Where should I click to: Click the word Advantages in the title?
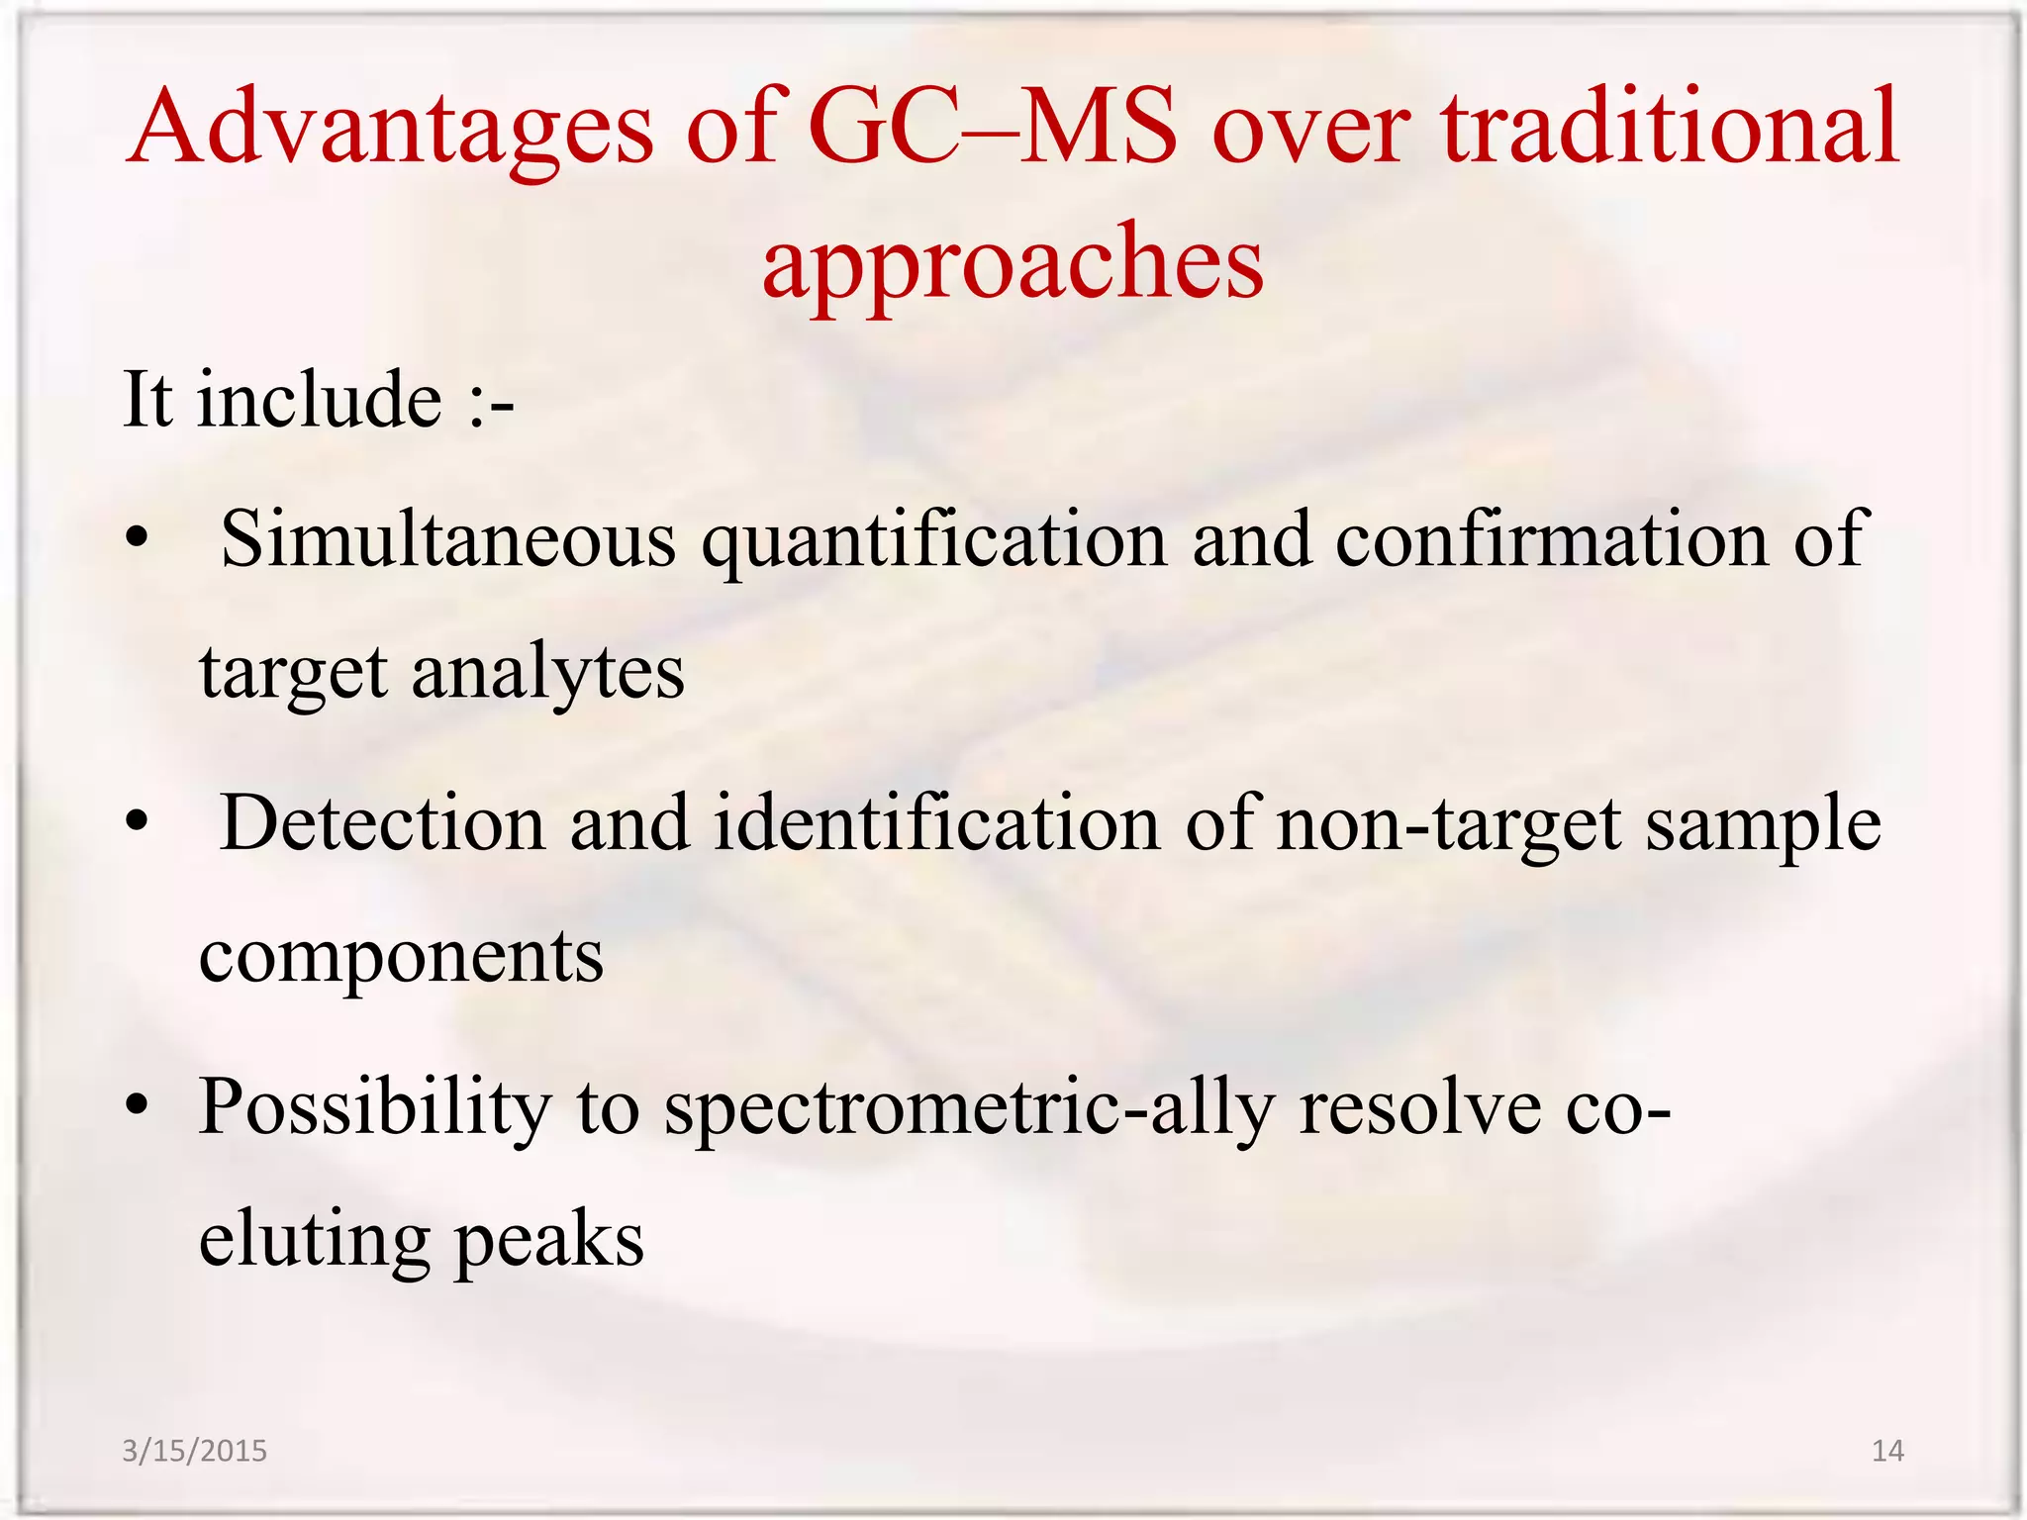coord(391,129)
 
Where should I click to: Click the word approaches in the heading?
coord(1013,262)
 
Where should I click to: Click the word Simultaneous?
coord(448,538)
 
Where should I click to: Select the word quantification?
coord(934,540)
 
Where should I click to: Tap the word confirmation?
coord(1551,538)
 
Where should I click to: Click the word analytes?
coord(547,673)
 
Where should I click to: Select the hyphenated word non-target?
coord(1449,824)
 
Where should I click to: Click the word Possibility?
coord(375,1107)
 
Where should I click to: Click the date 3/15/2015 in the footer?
coord(194,1451)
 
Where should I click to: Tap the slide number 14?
coord(1887,1451)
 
